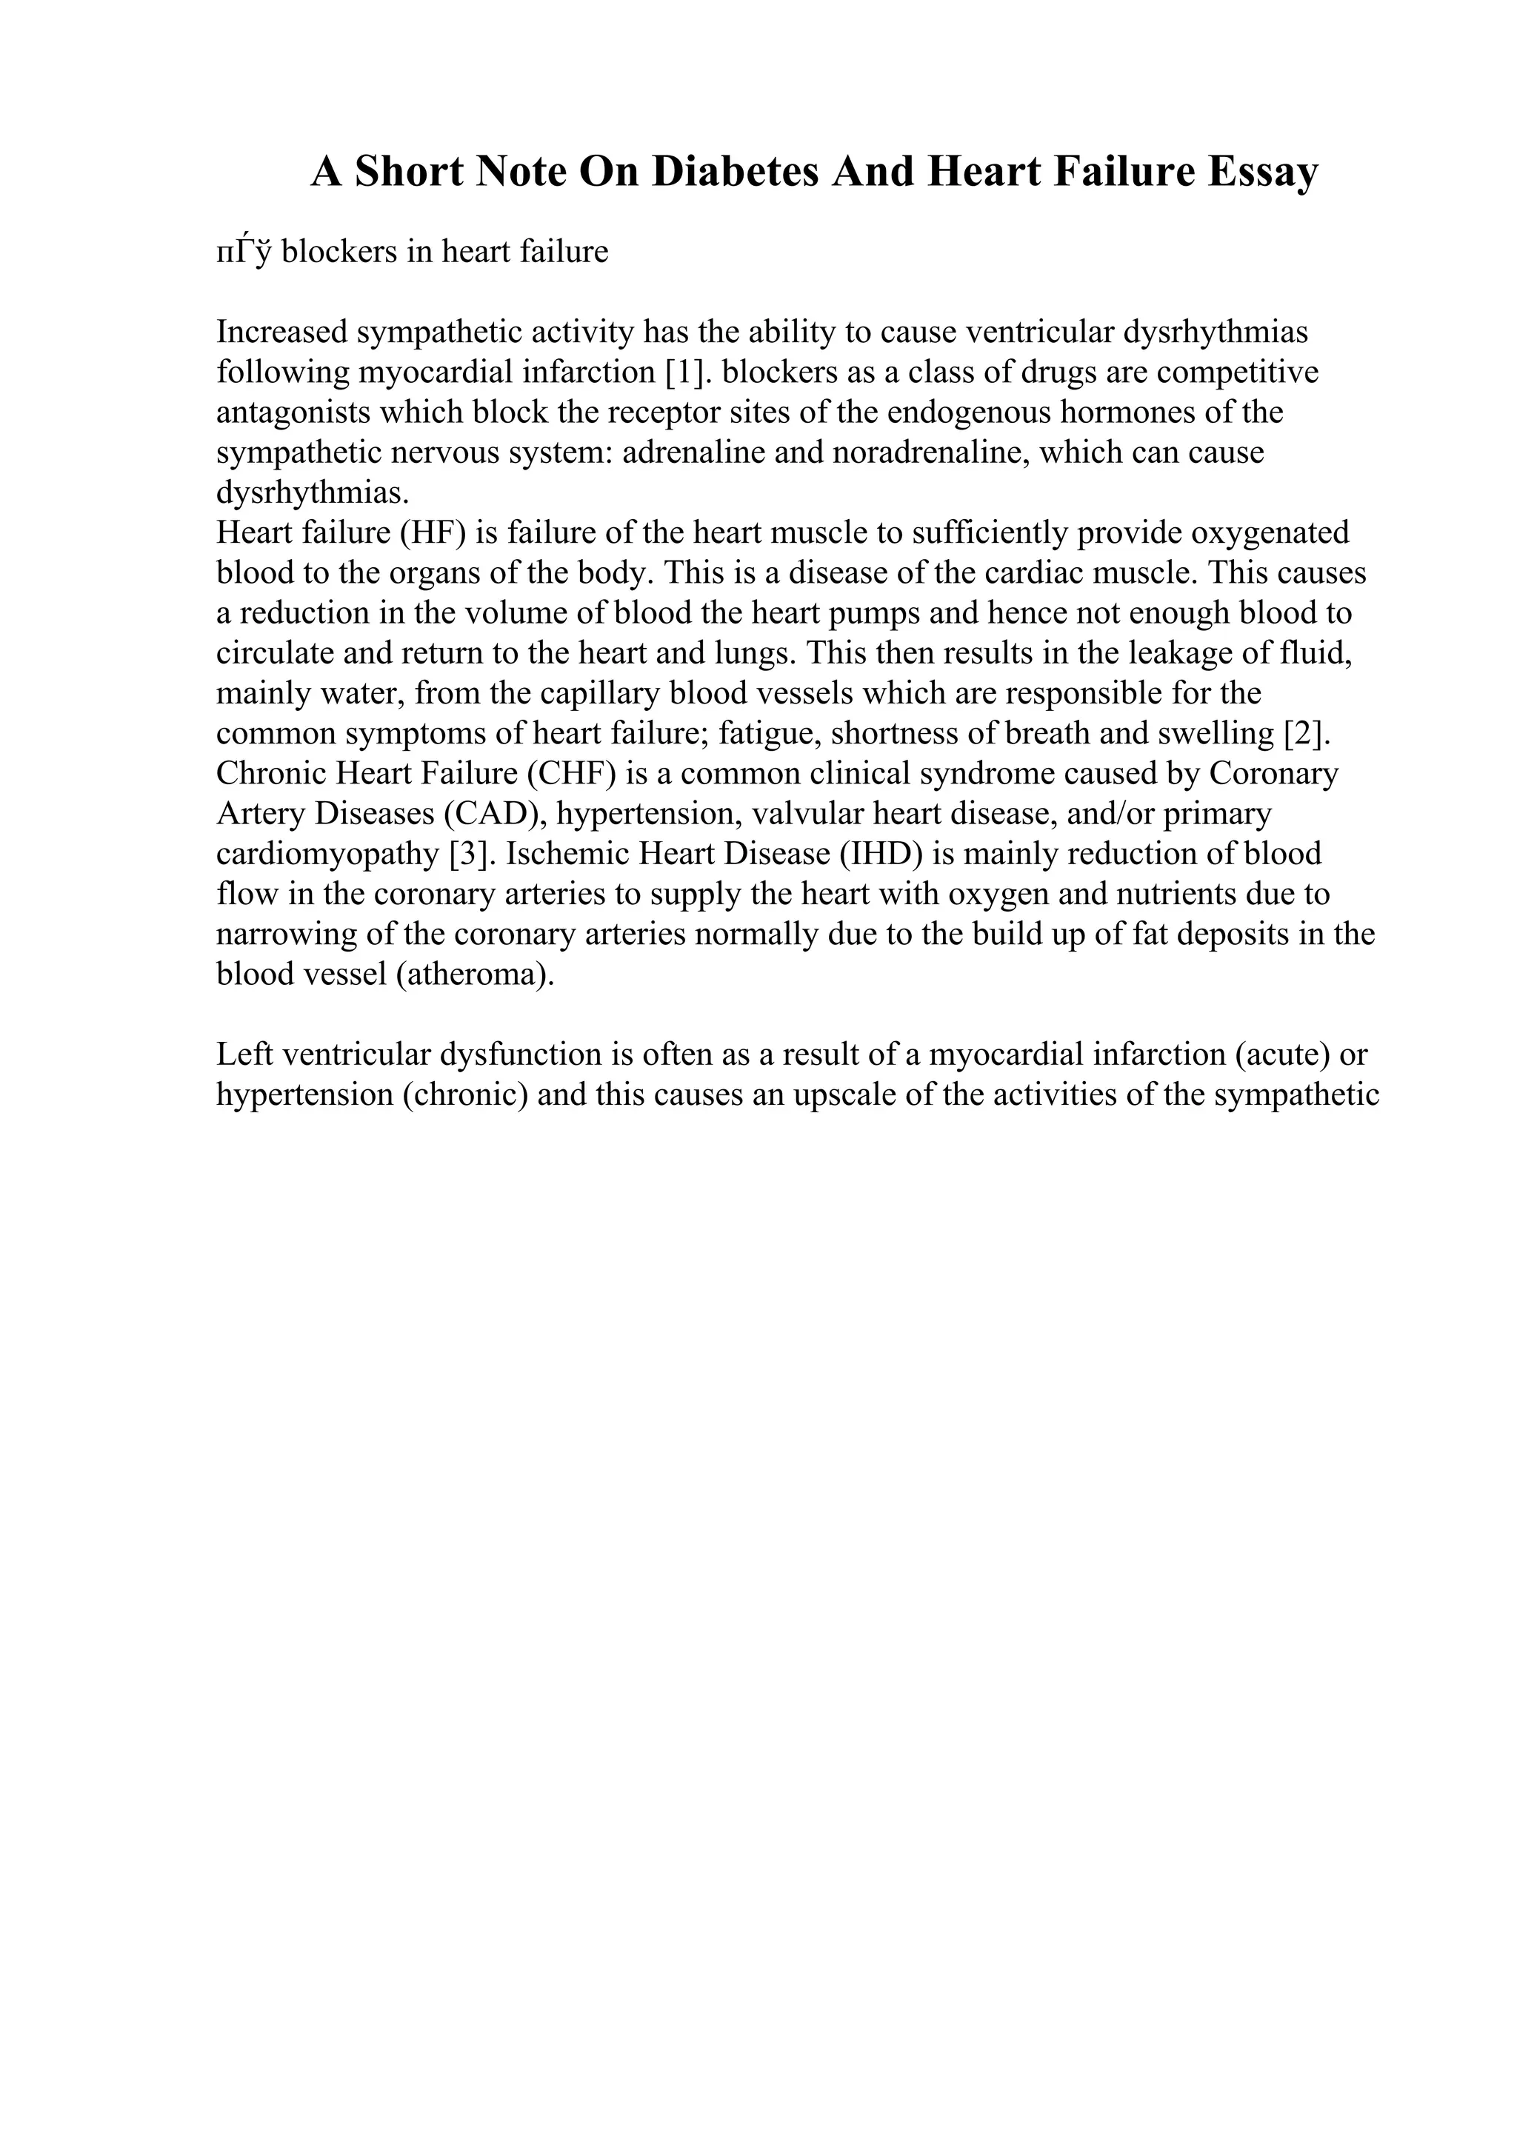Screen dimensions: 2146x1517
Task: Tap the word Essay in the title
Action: tap(1262, 172)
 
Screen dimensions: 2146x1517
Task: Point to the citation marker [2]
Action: tap(1307, 734)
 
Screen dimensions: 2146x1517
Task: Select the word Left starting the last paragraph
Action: tap(243, 1054)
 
